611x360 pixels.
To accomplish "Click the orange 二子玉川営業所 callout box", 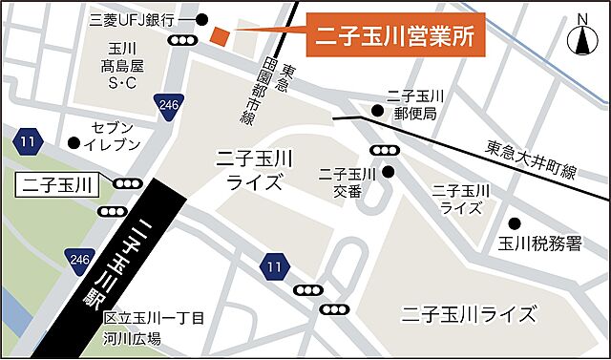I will click(394, 37).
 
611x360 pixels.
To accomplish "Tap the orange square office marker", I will click(220, 36).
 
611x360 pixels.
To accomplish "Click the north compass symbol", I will click(580, 39).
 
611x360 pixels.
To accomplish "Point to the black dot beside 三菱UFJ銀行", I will click(201, 19).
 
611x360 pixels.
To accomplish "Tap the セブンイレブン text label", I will click(116, 136).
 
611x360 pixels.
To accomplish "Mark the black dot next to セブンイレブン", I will click(74, 143).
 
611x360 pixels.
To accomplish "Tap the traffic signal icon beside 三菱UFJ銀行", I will click(180, 40).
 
